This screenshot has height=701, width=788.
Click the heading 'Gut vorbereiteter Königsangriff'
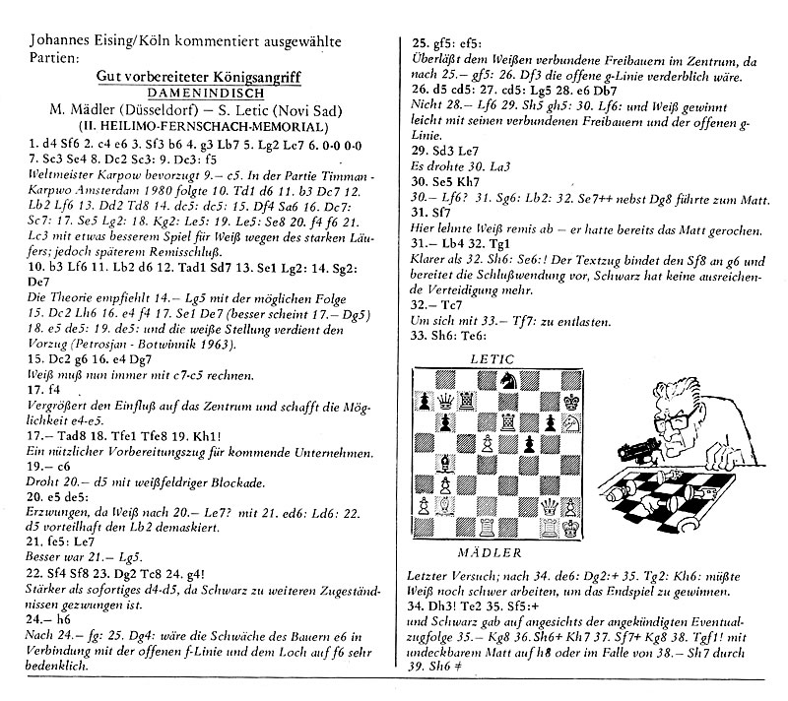(x=204, y=76)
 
